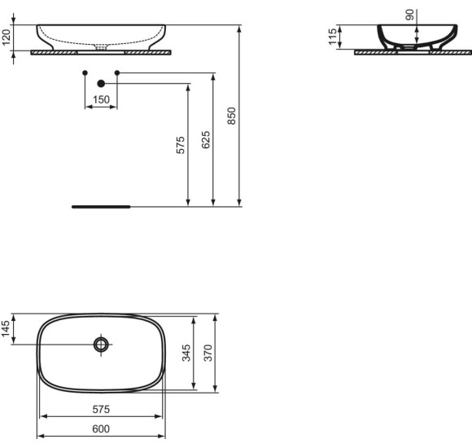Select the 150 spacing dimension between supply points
click(101, 99)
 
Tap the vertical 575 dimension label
click(181, 144)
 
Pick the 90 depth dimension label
click(409, 14)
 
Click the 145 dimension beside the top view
click(7, 329)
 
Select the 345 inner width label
click(186, 353)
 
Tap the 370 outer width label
click(208, 353)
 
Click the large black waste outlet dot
click(101, 83)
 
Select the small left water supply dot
click(85, 73)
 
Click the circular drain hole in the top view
click(101, 345)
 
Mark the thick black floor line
click(100, 207)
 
